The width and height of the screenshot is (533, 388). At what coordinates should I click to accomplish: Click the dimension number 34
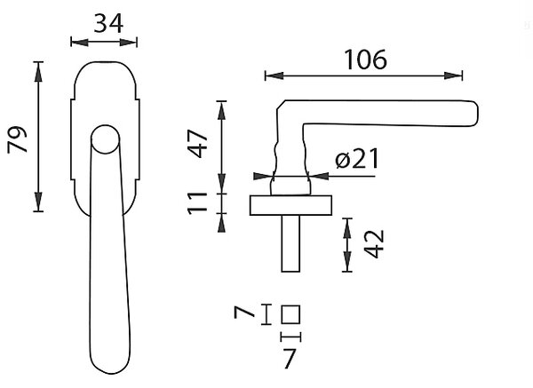[108, 24]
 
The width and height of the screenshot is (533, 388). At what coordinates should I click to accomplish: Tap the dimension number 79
[17, 139]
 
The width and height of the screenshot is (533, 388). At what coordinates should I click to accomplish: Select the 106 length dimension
[365, 59]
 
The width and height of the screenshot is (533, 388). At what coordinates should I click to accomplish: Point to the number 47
[197, 143]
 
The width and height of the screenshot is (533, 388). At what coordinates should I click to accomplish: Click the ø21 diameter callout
[356, 159]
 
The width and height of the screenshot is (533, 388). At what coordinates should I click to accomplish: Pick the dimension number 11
[197, 202]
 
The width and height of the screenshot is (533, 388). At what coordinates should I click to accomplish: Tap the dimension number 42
[374, 244]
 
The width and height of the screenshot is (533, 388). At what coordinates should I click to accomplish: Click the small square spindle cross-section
[290, 314]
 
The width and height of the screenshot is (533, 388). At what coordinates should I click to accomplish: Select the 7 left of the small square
[244, 312]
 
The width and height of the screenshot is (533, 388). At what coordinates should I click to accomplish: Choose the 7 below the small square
[290, 359]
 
